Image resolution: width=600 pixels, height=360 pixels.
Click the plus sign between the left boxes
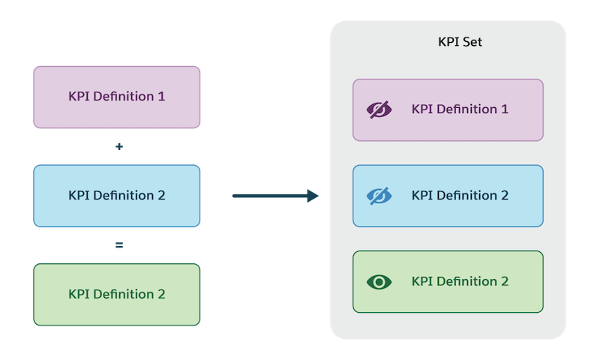[118, 147]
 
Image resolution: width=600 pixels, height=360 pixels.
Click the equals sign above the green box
[118, 245]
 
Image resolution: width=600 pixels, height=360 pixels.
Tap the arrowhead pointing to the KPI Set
[312, 196]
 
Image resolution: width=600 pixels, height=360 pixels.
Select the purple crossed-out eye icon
[379, 109]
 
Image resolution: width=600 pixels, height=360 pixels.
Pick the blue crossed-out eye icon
[379, 196]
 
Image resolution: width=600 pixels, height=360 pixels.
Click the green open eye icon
[379, 282]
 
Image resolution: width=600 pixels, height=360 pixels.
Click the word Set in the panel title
[472, 43]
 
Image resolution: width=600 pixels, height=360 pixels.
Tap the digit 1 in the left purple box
[161, 97]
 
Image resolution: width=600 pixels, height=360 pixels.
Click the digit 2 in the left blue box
[161, 196]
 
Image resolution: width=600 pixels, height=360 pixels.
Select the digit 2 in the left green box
[161, 294]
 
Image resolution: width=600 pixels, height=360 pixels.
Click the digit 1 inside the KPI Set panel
[505, 109]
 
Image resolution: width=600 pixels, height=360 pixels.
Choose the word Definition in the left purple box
[124, 97]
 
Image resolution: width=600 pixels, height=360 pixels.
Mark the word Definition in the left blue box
[124, 196]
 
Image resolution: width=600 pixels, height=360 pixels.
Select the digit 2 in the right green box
[505, 282]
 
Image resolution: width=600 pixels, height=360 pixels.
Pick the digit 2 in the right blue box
[505, 196]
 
